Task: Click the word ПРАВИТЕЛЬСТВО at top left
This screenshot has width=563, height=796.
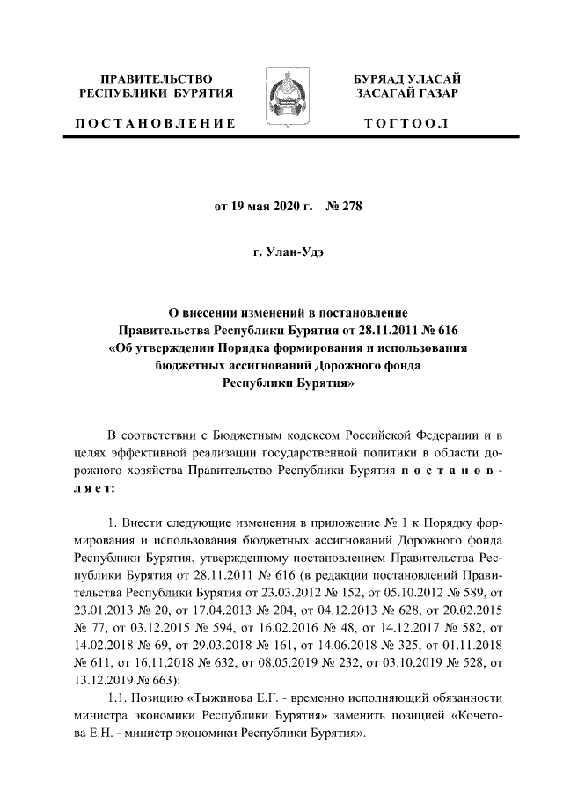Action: [x=156, y=79]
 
